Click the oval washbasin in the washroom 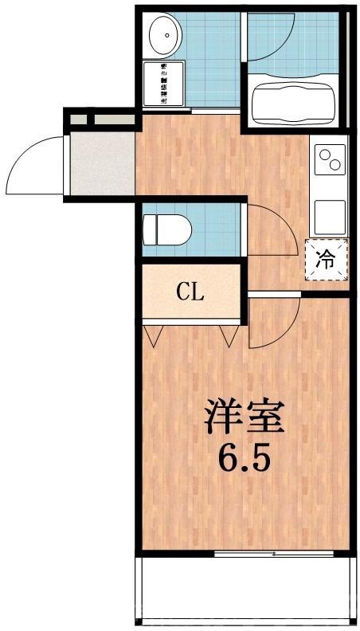[163, 33]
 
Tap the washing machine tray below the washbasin [163, 84]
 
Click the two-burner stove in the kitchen [330, 160]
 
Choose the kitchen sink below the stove [330, 214]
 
